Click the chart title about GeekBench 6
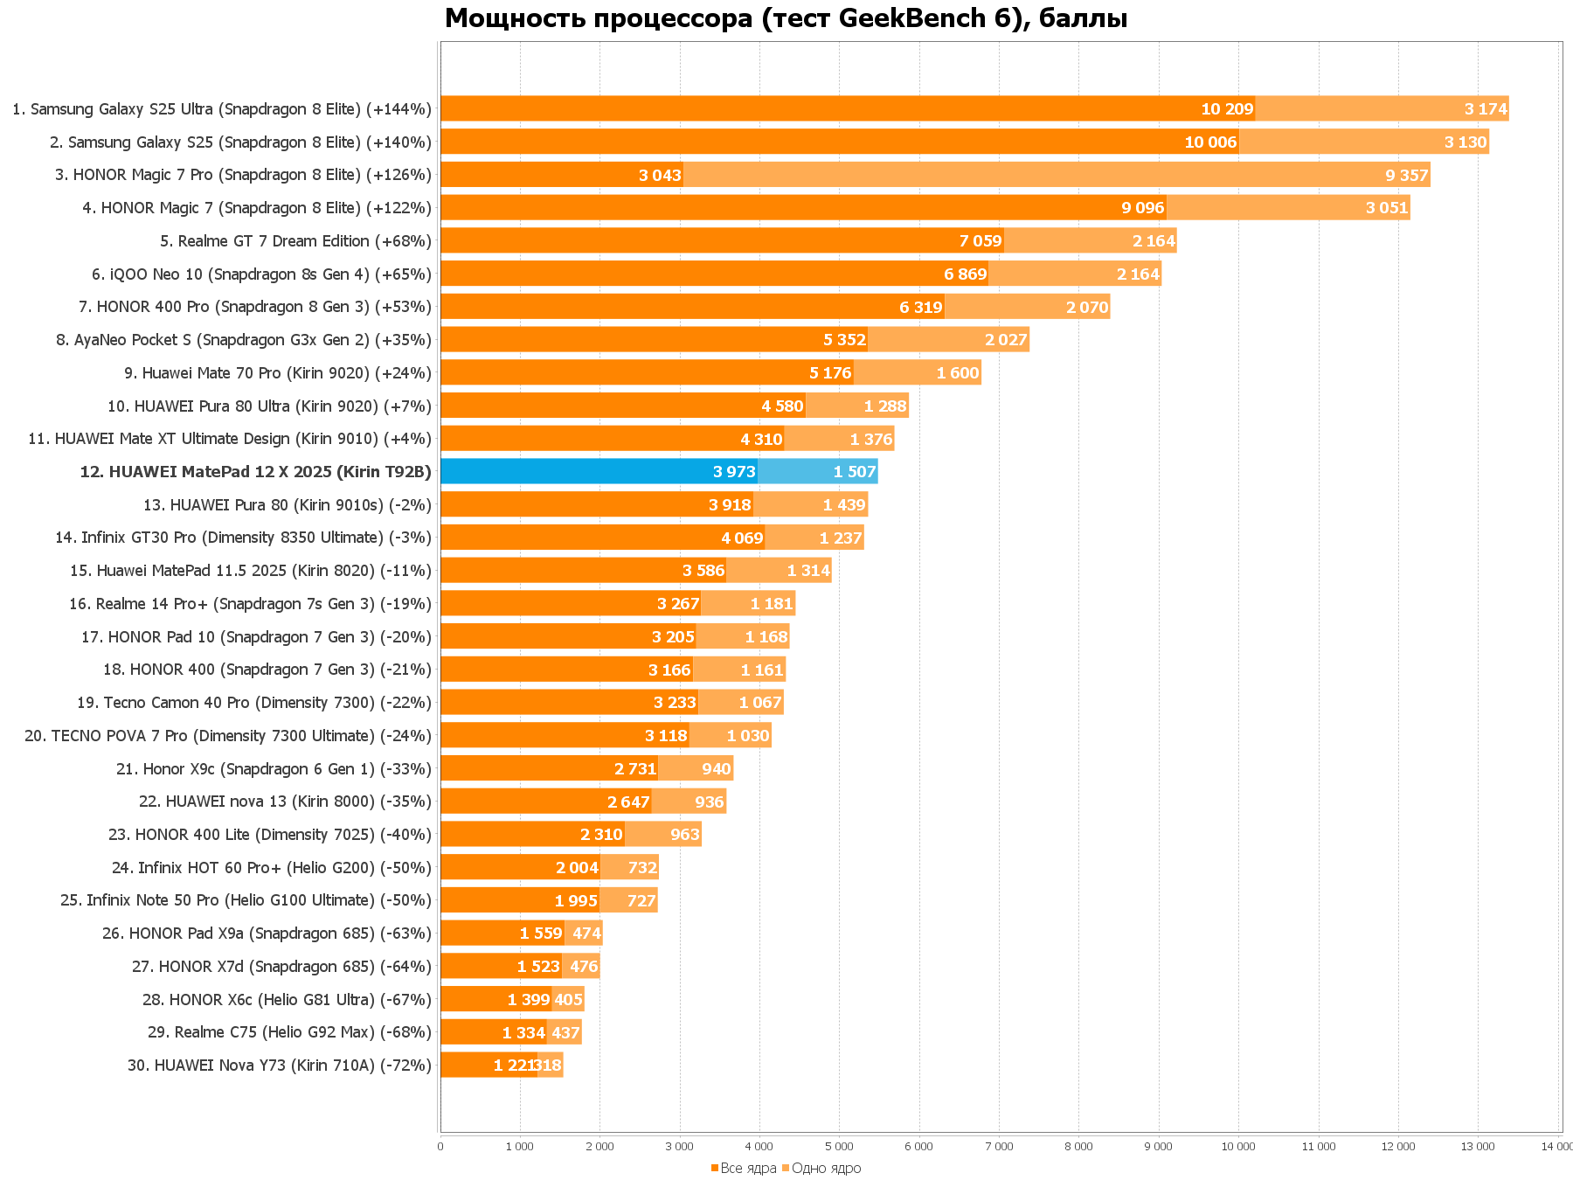786,17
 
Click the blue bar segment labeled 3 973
599,471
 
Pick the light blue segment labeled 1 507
817,471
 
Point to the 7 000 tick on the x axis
999,1146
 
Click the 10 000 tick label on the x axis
1238,1146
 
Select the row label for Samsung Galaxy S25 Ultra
222,109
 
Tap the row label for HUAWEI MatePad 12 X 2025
255,472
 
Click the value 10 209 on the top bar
1227,109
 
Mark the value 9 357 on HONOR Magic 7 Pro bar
1406,175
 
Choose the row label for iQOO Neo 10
261,274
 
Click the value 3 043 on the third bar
660,175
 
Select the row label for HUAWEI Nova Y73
280,1065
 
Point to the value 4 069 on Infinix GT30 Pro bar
742,538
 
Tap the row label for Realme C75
289,1032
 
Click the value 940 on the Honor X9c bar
716,769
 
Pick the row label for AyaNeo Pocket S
244,340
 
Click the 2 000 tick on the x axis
599,1146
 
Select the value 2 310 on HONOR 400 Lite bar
601,835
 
